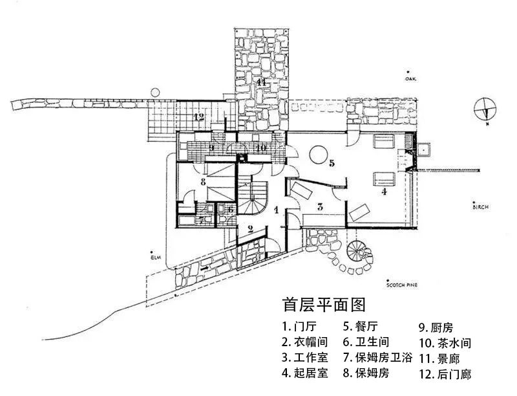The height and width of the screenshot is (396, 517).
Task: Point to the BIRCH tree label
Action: (x=480, y=207)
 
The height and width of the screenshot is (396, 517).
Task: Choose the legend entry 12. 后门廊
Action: (x=445, y=374)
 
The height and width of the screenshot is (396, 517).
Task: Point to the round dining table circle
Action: (x=317, y=155)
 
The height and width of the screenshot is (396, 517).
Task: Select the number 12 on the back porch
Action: (x=199, y=117)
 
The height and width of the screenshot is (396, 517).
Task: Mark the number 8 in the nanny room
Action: (x=203, y=182)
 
